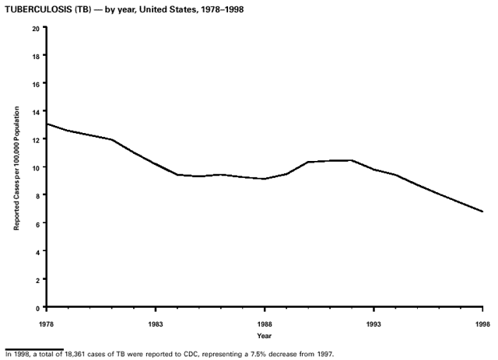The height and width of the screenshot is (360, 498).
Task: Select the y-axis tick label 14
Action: (x=36, y=111)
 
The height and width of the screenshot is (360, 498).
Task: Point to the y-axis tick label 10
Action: (x=36, y=167)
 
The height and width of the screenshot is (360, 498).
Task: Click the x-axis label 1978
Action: (x=47, y=323)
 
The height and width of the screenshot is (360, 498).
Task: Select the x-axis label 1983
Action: (x=156, y=323)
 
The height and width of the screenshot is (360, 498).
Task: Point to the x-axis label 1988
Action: (x=265, y=323)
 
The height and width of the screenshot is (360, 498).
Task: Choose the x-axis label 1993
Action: (x=373, y=323)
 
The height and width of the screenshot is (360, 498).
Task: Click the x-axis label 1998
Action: (x=482, y=323)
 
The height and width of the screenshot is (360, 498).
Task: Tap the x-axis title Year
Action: (x=265, y=336)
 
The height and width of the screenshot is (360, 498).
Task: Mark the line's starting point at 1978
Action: (x=47, y=124)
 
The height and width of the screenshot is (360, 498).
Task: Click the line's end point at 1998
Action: (x=482, y=211)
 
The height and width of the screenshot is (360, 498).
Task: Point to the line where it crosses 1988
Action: (x=265, y=179)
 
